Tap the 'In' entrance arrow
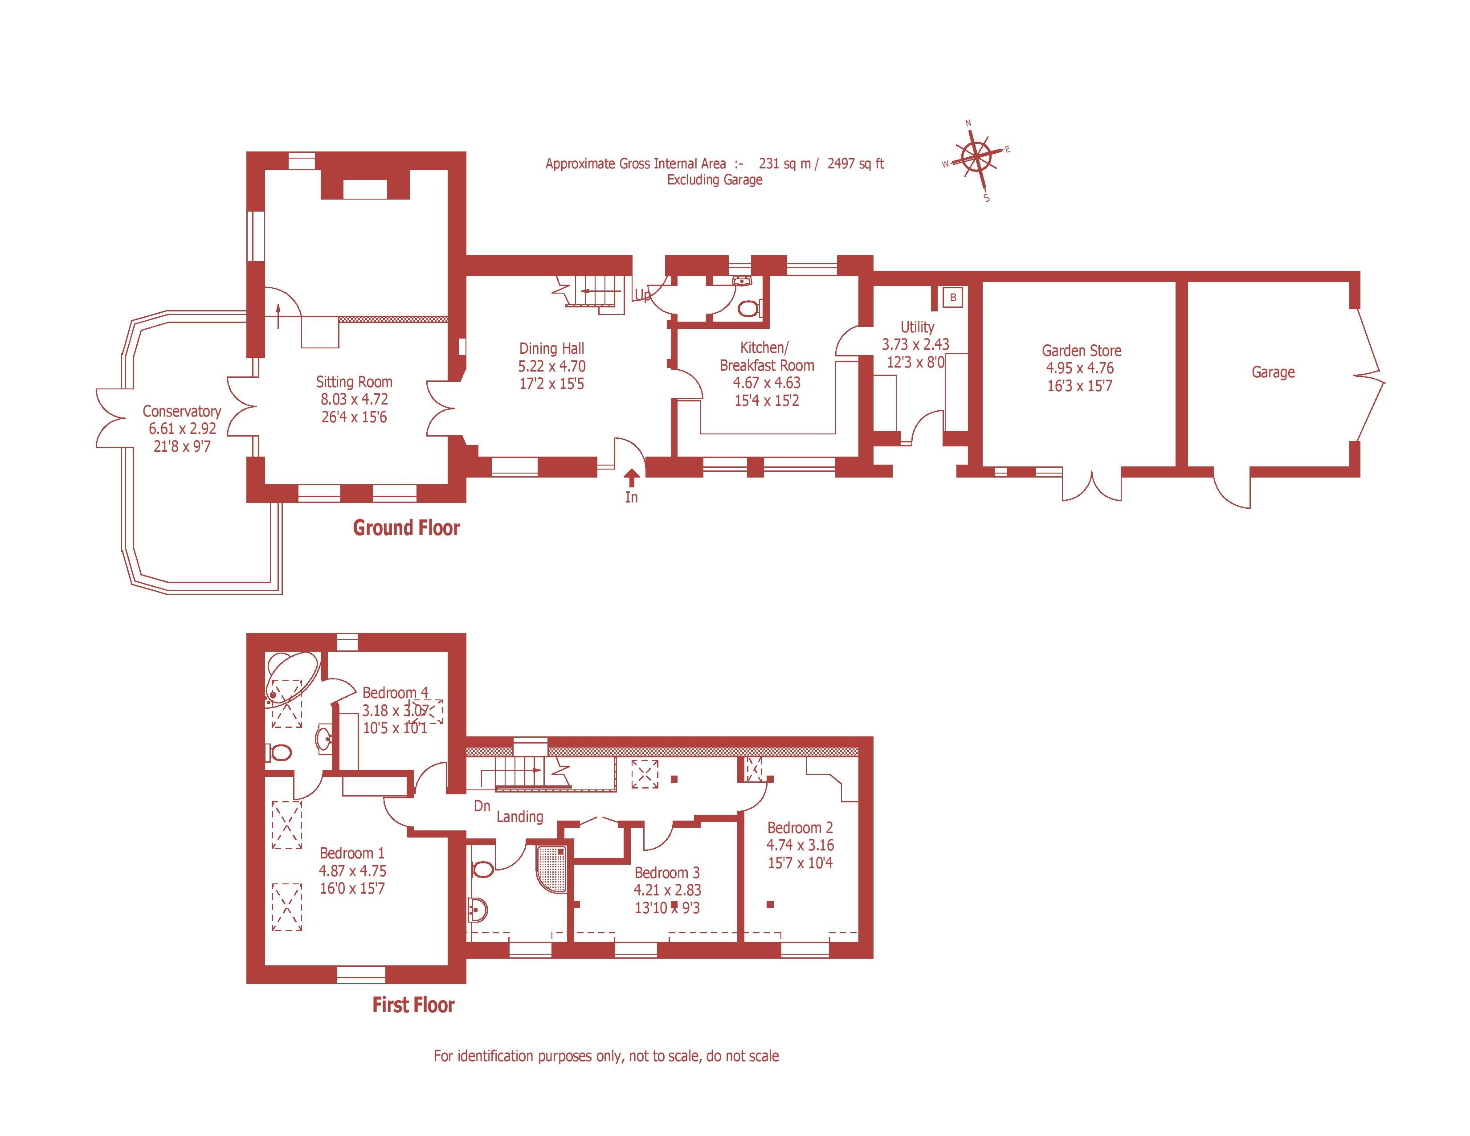coord(631,478)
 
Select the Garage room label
coord(1273,372)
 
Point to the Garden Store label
coord(1081,351)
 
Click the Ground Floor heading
coord(406,527)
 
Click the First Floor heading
coord(413,1005)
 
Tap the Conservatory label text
coord(182,411)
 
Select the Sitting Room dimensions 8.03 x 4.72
coord(354,399)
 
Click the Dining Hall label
coord(551,349)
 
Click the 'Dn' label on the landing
coord(482,805)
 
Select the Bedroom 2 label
coord(800,828)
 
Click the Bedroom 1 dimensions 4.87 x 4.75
coord(353,871)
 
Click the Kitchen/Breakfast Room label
coord(767,357)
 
